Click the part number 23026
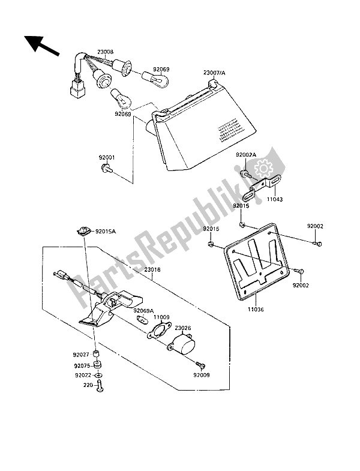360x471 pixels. coord(183,328)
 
